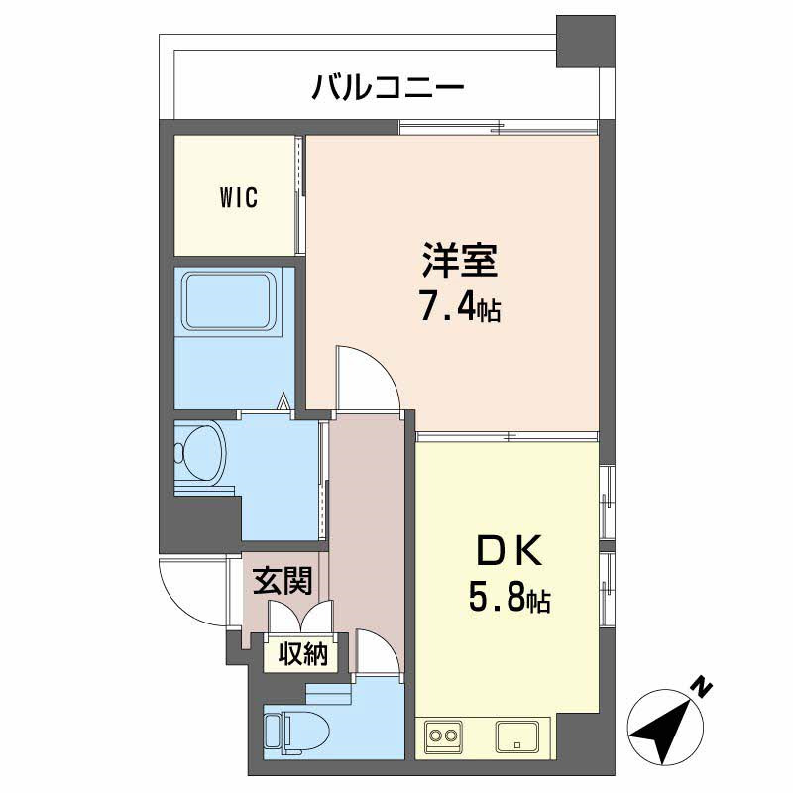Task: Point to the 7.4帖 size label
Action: coord(458,309)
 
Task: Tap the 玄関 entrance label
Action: coord(283,582)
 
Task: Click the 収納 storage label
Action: coord(300,654)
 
